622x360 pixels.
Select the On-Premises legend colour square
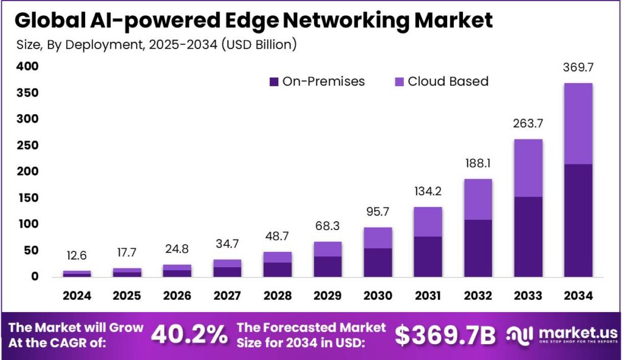pyautogui.click(x=273, y=81)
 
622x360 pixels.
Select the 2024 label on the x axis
pyautogui.click(x=77, y=296)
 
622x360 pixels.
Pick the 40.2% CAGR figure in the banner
pyautogui.click(x=189, y=335)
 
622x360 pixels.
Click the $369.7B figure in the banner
pyautogui.click(x=445, y=335)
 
